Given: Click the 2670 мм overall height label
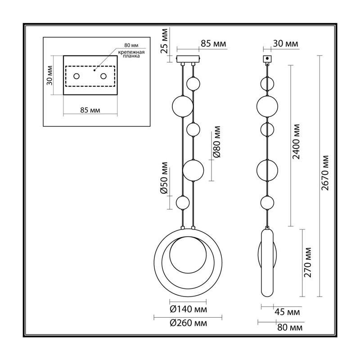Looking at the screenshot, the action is click(325, 173).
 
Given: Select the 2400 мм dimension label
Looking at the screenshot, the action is click(296, 142).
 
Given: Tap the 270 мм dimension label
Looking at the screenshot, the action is click(307, 262).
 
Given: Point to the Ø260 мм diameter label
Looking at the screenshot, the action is click(188, 323).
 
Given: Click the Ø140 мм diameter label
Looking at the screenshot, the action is click(188, 309).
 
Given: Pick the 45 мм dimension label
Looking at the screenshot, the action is click(287, 312).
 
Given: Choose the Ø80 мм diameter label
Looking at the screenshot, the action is click(216, 142).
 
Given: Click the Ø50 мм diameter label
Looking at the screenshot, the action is click(164, 178).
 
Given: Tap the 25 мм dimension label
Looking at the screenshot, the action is click(164, 41).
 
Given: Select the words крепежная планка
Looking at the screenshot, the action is click(131, 54).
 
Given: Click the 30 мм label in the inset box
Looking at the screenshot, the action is click(49, 75).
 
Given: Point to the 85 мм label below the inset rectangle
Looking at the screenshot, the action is click(90, 110).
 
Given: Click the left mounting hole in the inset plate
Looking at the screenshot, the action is click(76, 76).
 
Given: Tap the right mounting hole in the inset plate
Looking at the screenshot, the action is click(103, 76).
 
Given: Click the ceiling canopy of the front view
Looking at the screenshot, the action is click(188, 59).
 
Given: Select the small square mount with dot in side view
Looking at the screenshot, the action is click(267, 58).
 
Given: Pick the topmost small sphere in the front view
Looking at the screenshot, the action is click(193, 84).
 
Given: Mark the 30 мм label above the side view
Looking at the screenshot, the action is click(286, 44).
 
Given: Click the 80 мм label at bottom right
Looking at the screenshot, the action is click(290, 328).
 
